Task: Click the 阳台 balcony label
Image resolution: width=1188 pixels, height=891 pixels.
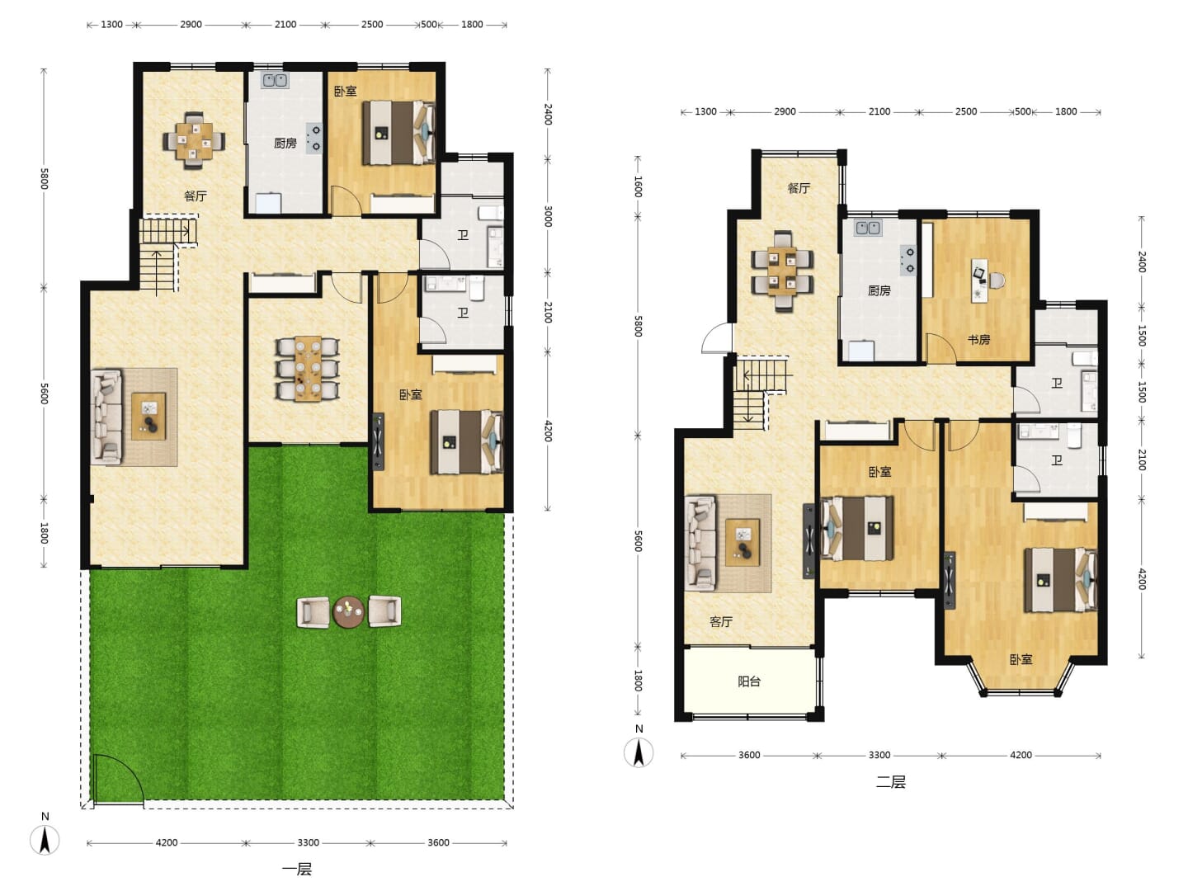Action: [x=749, y=681]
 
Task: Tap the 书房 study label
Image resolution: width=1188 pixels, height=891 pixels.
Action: [x=978, y=340]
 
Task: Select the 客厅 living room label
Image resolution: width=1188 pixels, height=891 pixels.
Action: [x=721, y=621]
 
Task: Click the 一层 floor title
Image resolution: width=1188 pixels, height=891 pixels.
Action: [x=297, y=870]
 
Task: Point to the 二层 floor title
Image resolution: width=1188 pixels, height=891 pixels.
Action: [x=890, y=782]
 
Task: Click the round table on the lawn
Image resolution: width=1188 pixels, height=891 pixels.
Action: [x=349, y=612]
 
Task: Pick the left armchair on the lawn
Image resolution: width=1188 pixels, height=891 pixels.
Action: [x=313, y=612]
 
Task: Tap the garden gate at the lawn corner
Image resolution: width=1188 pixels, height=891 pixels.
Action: [x=116, y=779]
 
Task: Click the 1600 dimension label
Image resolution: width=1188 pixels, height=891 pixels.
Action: [x=638, y=186]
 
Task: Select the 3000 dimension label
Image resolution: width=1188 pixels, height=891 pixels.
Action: [x=548, y=216]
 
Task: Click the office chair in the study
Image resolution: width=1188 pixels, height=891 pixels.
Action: [x=997, y=280]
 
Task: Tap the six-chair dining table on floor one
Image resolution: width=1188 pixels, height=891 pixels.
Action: [x=308, y=369]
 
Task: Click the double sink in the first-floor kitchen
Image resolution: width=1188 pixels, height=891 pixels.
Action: [x=275, y=81]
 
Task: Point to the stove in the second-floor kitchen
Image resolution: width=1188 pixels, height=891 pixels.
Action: [x=908, y=260]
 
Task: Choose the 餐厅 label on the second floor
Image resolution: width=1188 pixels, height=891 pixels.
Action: [x=799, y=188]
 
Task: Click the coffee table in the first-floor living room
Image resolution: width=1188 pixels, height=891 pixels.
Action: [x=148, y=417]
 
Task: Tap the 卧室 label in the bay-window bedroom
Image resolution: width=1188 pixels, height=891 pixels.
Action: [x=1021, y=659]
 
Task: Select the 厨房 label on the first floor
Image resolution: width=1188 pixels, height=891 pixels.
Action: [x=285, y=144]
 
